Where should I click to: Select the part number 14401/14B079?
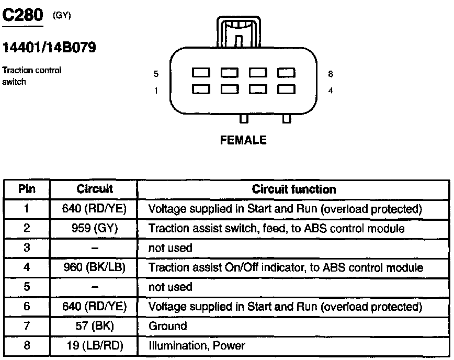click(x=50, y=48)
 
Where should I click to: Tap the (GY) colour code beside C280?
click(x=62, y=15)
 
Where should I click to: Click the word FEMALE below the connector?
click(x=244, y=140)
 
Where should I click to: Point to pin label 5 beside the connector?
click(x=156, y=74)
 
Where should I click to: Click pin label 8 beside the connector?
click(x=330, y=74)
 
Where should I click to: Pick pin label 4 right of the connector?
click(x=330, y=91)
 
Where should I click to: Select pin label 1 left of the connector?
click(x=156, y=91)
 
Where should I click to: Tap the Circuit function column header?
click(x=293, y=189)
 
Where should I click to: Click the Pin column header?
click(x=27, y=189)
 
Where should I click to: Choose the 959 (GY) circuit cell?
click(x=94, y=229)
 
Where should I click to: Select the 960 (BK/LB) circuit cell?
click(x=94, y=267)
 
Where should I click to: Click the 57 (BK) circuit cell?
click(x=94, y=326)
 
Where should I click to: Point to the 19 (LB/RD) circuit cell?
click(x=94, y=345)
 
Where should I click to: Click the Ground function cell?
click(x=168, y=326)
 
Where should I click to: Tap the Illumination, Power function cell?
click(x=197, y=345)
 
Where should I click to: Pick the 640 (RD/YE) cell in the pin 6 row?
click(x=94, y=306)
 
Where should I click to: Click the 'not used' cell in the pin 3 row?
click(x=171, y=248)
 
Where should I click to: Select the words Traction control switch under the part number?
click(x=32, y=75)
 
